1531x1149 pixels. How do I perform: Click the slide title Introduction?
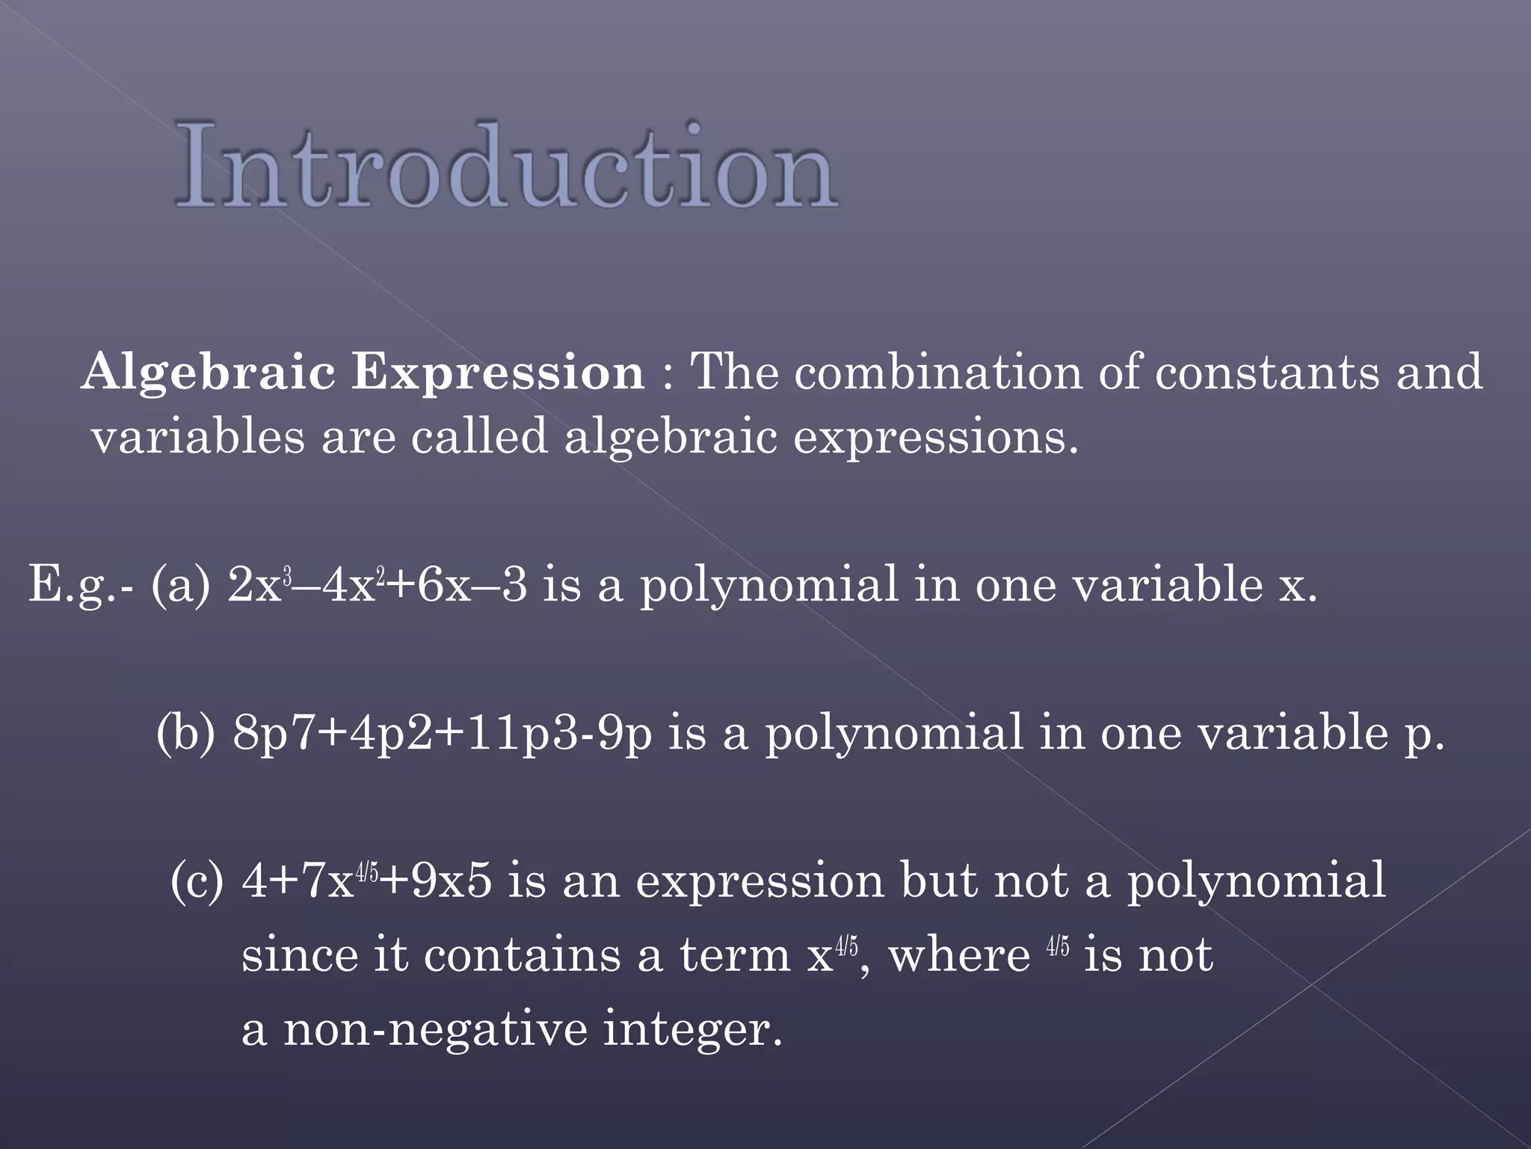(506, 166)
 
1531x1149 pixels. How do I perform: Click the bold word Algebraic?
(209, 372)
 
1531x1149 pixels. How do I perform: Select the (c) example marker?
(197, 880)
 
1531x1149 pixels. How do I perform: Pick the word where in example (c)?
(959, 956)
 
